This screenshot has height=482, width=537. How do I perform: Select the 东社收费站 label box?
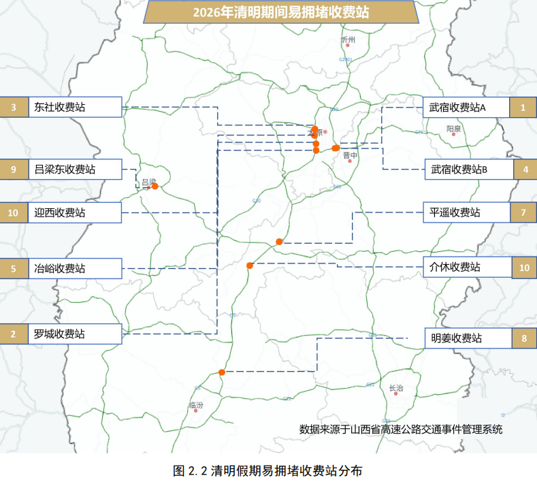74,107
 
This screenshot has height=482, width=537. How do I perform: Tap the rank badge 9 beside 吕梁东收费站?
13,170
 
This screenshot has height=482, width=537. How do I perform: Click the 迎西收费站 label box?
74,213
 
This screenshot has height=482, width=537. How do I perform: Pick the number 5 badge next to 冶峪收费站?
13,268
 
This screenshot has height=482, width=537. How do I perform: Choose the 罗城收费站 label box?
74,334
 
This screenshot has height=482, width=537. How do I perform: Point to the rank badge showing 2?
13,334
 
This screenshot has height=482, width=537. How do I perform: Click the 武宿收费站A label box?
466,108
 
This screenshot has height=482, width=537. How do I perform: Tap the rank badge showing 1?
523,108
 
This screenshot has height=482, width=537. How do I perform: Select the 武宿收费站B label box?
466,170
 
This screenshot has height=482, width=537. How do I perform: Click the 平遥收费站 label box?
466,213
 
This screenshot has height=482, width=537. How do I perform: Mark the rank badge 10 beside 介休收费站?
523,268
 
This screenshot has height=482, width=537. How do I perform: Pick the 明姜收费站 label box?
466,338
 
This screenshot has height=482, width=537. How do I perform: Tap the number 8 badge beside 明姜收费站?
523,338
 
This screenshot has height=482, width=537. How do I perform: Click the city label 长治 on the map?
395,389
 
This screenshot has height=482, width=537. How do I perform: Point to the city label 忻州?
348,40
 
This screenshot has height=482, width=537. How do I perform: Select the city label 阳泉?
454,128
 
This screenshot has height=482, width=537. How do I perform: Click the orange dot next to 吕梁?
155,186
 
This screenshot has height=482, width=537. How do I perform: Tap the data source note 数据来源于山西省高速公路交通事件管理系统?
401,429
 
